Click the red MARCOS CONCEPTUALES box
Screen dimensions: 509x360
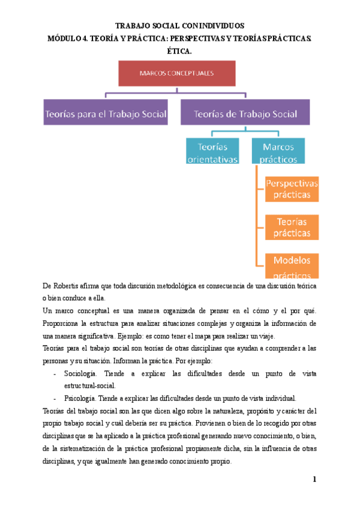click(x=176, y=75)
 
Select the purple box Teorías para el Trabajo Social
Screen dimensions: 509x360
click(x=106, y=113)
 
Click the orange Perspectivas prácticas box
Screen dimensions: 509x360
click(x=292, y=189)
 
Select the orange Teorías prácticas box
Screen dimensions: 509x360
click(x=292, y=227)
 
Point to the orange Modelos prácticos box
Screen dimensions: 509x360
click(x=292, y=265)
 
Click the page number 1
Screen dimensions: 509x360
click(x=314, y=480)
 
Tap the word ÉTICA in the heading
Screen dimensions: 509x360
click(x=179, y=51)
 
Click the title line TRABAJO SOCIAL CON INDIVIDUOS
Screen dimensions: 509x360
click(x=179, y=26)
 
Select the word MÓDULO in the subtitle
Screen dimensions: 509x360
click(x=65, y=39)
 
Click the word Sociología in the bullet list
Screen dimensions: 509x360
click(x=82, y=373)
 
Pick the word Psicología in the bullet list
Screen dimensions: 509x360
click(x=80, y=398)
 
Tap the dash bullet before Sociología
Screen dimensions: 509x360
click(x=55, y=373)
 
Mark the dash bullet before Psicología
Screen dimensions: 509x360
click(x=55, y=398)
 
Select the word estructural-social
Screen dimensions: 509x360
click(x=90, y=386)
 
